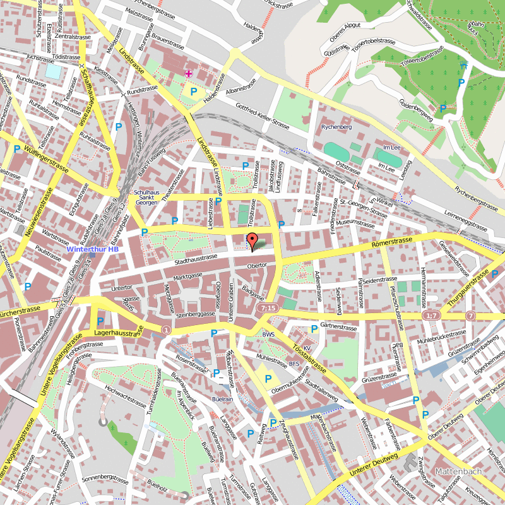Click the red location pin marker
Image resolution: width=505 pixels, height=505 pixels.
click(252, 241)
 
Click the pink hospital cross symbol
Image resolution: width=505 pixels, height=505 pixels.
click(188, 74)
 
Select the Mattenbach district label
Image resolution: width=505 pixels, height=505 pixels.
click(458, 471)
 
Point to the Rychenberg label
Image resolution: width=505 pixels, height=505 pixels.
click(336, 127)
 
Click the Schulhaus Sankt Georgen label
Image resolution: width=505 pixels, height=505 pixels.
click(146, 198)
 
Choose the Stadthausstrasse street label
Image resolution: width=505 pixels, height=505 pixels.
click(196, 259)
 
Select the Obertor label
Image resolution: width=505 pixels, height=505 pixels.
click(258, 265)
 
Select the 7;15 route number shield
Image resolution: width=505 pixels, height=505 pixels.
click(268, 307)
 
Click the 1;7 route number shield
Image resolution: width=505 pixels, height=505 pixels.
click(432, 315)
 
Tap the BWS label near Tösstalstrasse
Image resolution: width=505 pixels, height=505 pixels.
click(269, 334)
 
